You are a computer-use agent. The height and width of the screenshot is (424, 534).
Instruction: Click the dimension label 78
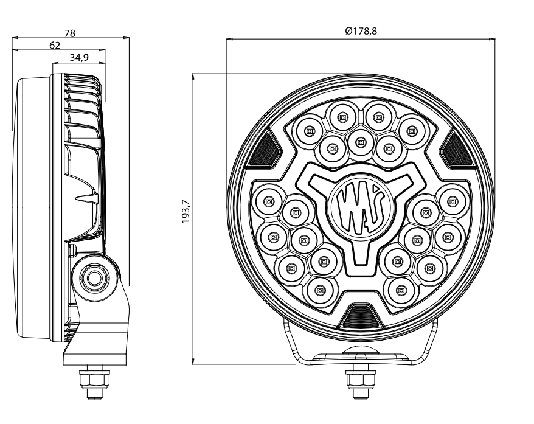70,33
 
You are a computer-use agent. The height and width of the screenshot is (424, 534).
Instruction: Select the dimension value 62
55,45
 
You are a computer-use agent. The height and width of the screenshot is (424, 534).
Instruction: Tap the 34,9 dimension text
78,57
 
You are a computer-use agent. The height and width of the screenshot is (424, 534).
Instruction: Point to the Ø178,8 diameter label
361,31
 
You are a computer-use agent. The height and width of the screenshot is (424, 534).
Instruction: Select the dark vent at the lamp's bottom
361,317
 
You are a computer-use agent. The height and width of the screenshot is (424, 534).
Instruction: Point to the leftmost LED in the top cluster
309,130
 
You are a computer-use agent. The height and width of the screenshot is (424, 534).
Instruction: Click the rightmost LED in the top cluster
412,130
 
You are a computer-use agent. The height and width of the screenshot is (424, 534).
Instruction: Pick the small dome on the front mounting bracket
356,352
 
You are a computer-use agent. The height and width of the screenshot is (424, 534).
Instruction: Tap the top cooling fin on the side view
79,79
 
